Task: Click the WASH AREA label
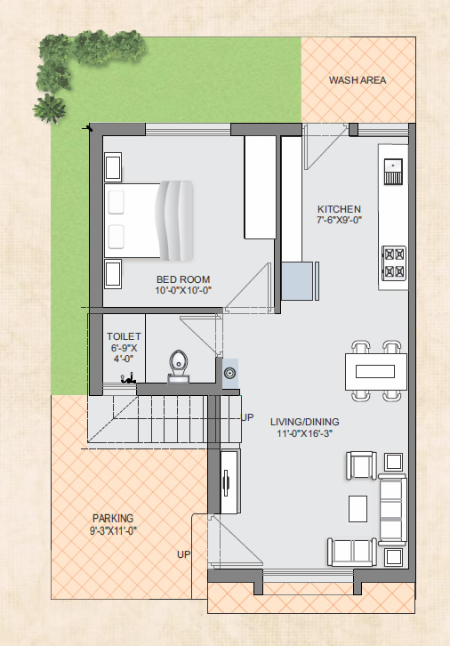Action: (x=358, y=80)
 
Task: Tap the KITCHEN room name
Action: (x=339, y=209)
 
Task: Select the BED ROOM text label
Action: (x=183, y=279)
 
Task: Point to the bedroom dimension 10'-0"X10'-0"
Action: (x=183, y=290)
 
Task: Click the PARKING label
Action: (x=113, y=518)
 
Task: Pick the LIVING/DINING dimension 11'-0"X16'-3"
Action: (x=305, y=433)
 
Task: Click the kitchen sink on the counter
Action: (x=393, y=172)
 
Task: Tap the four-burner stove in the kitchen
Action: (x=394, y=262)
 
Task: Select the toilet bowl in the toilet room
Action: (x=178, y=367)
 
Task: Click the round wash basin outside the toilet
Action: (x=229, y=373)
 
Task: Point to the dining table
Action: (x=375, y=371)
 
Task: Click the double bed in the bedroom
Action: (x=149, y=221)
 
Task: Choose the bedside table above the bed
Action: (x=113, y=167)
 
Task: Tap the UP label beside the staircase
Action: (x=247, y=417)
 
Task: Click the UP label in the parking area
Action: (x=183, y=554)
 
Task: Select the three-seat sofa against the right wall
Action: (x=392, y=510)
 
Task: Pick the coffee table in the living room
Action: (x=358, y=508)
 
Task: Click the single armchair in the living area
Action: (x=361, y=465)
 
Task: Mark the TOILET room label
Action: (x=124, y=336)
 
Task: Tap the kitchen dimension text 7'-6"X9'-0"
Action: (x=339, y=220)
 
